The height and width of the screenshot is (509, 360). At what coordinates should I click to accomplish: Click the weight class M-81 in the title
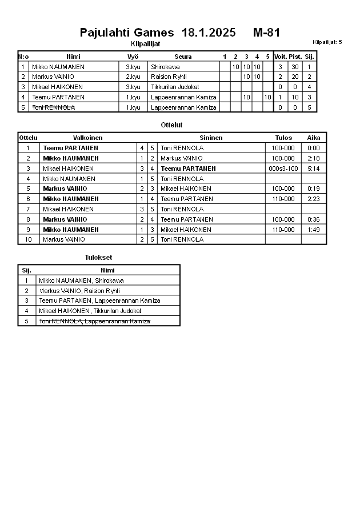pyautogui.click(x=266, y=33)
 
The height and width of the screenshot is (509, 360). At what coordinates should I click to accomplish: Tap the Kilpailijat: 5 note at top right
pyautogui.click(x=327, y=42)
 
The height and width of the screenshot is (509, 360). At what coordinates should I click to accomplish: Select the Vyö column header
pyautogui.click(x=133, y=57)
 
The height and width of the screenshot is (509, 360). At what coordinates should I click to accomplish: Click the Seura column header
pyautogui.click(x=183, y=57)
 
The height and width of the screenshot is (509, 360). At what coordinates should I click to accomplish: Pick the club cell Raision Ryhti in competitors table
pyautogui.click(x=169, y=77)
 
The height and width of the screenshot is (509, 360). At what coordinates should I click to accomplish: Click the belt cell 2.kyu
pyautogui.click(x=133, y=77)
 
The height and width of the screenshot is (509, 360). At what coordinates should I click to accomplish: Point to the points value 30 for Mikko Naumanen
pyautogui.click(x=295, y=67)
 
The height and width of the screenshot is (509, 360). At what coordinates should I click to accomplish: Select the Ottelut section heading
pyautogui.click(x=172, y=125)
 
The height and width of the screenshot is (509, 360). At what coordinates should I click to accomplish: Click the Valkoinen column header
pyautogui.click(x=88, y=138)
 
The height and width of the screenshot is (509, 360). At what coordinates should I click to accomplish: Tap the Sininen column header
pyautogui.click(x=211, y=138)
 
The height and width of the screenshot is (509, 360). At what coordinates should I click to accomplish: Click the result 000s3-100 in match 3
pyautogui.click(x=283, y=169)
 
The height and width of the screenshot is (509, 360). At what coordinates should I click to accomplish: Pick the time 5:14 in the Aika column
pyautogui.click(x=314, y=169)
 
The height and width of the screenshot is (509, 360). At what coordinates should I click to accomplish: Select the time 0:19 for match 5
pyautogui.click(x=314, y=189)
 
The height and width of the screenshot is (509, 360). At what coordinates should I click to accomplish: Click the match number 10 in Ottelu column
pyautogui.click(x=29, y=239)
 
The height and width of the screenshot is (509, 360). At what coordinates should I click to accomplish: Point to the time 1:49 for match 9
pyautogui.click(x=314, y=230)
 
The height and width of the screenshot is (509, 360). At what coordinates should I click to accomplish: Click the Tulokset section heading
pyautogui.click(x=98, y=258)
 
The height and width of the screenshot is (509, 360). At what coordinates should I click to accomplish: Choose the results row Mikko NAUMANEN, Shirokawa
pyautogui.click(x=81, y=280)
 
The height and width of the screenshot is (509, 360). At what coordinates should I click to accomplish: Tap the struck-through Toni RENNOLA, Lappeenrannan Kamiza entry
pyautogui.click(x=94, y=321)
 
